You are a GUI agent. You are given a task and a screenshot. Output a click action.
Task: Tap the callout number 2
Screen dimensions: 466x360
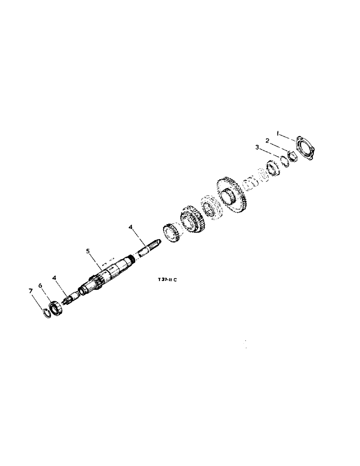268,140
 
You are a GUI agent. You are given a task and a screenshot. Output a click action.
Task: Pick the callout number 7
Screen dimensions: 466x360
31,291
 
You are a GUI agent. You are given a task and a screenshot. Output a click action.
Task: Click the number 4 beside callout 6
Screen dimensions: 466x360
55,278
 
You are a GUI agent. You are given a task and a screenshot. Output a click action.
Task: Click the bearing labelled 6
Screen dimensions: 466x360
56,307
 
